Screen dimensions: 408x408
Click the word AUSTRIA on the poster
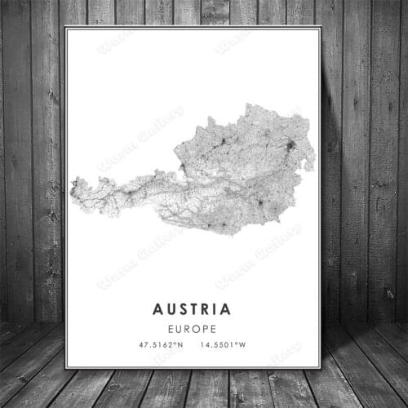pyautogui.click(x=192, y=309)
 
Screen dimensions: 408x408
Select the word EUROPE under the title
pyautogui.click(x=193, y=329)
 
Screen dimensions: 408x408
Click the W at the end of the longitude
pyautogui.click(x=242, y=346)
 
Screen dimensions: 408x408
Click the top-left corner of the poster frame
pyautogui.click(x=65, y=27)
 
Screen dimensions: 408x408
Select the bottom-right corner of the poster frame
pyautogui.click(x=321, y=369)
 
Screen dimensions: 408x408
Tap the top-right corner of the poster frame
pyautogui.click(x=321, y=27)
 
